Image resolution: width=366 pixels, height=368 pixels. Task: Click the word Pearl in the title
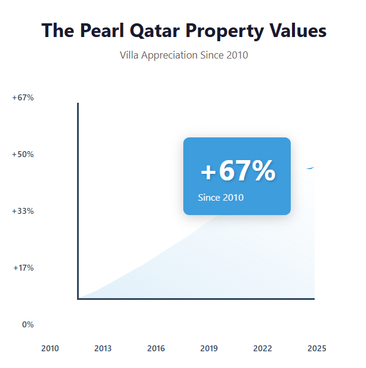[x=100, y=30]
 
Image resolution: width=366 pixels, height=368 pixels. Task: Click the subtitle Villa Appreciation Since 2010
[x=184, y=55]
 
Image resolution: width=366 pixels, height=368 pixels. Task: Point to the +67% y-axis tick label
[x=23, y=97]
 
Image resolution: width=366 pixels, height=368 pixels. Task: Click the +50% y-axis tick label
[x=23, y=154]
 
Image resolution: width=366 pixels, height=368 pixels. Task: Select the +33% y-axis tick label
[x=23, y=211]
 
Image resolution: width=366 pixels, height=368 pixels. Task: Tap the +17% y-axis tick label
[x=23, y=268]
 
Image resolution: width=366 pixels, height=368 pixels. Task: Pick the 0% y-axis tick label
[x=27, y=324]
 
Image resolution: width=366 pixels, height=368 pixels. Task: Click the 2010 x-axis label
[x=50, y=348]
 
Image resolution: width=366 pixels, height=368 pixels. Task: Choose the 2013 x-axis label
[x=103, y=348]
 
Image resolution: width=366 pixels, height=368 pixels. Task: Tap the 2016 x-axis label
[x=156, y=348]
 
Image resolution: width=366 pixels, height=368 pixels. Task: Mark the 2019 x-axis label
[x=209, y=348]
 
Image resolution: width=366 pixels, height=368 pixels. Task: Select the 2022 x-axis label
[x=262, y=348]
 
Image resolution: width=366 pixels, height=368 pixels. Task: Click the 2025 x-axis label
[x=316, y=348]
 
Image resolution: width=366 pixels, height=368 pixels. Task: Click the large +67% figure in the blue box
[x=237, y=171]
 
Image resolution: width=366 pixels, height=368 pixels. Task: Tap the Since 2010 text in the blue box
[x=220, y=197]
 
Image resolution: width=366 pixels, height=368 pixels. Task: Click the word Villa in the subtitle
[x=130, y=55]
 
